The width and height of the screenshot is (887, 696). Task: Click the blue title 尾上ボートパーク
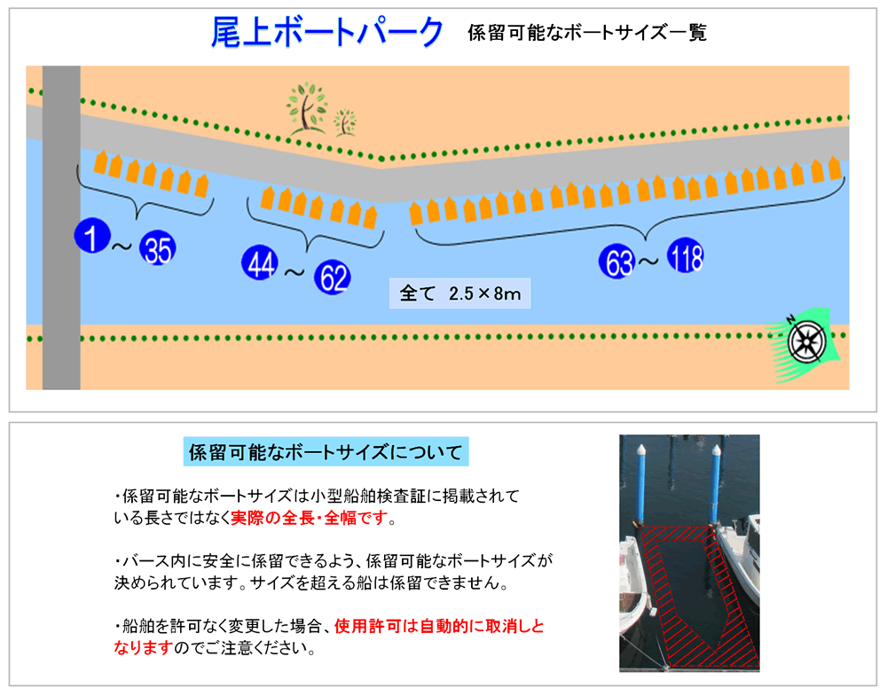pos(327,32)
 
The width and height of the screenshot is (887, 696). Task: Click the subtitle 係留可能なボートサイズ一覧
pos(587,33)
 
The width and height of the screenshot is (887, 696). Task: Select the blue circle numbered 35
pos(158,248)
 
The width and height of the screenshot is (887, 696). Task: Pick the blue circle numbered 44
pos(260,263)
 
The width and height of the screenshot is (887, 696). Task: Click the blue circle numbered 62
pos(332,277)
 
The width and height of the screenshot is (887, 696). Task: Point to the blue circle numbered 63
pos(617,262)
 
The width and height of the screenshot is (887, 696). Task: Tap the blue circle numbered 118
pos(686,255)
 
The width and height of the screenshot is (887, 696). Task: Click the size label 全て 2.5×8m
pos(459,293)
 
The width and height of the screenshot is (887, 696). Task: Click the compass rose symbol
pos(807,342)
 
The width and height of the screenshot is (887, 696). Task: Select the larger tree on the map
pos(306,108)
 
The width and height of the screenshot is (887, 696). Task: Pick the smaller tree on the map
pos(344,122)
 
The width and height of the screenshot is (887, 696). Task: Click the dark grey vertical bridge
pos(61,227)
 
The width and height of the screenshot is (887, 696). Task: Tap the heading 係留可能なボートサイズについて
pos(326,452)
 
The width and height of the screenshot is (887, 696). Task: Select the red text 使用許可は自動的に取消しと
pos(439,627)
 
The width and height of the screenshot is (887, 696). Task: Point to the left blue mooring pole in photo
pos(641,483)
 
